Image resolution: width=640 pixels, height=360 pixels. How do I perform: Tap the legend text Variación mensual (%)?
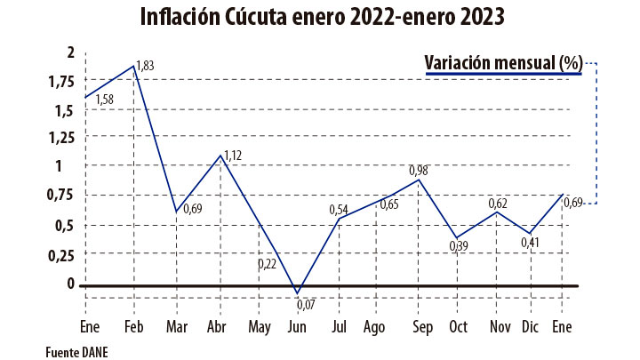click(503, 62)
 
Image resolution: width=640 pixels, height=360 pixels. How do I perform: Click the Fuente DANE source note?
click(76, 352)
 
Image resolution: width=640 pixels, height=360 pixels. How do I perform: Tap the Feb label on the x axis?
click(133, 326)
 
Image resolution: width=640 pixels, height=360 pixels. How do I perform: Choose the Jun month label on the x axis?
click(297, 326)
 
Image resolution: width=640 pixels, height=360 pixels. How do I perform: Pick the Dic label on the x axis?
click(529, 326)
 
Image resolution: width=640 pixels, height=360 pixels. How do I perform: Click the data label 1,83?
click(146, 65)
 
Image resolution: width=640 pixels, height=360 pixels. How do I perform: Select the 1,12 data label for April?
click(232, 156)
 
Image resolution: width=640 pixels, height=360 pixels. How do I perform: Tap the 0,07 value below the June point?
click(307, 306)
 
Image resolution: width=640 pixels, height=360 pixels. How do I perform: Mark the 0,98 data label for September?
click(420, 170)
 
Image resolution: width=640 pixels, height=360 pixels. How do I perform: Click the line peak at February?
click(133, 66)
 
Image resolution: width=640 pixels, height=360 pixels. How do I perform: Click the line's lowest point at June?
click(297, 292)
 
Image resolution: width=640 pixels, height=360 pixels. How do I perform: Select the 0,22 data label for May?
click(268, 264)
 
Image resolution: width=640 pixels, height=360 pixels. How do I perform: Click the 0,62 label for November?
click(499, 204)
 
